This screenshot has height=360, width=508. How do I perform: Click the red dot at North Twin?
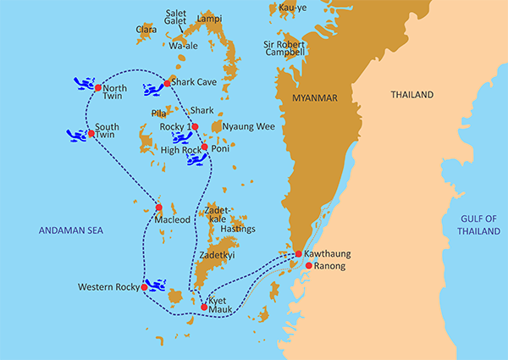coord(98,87)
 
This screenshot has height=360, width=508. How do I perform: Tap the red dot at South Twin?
coord(91,133)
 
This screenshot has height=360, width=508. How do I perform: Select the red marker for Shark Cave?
coord(168,83)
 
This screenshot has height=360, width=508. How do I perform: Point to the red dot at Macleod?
coord(158,207)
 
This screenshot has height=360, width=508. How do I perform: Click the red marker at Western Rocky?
coord(145,287)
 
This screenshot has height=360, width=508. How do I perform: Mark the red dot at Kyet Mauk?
coord(204,307)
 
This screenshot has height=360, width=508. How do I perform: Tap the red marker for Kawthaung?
coord(298,254)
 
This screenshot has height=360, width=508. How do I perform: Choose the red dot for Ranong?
coord(309,266)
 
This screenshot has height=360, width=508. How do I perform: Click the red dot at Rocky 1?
coord(195,127)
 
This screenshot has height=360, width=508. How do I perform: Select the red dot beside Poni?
coord(204,147)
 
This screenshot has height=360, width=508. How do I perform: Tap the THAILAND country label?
coord(411,94)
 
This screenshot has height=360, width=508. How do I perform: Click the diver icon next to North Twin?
coord(83,83)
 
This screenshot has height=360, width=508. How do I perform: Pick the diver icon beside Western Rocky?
coord(157,285)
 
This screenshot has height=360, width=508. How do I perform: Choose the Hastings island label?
coord(238,229)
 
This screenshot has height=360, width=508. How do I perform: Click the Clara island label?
coord(146,29)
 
